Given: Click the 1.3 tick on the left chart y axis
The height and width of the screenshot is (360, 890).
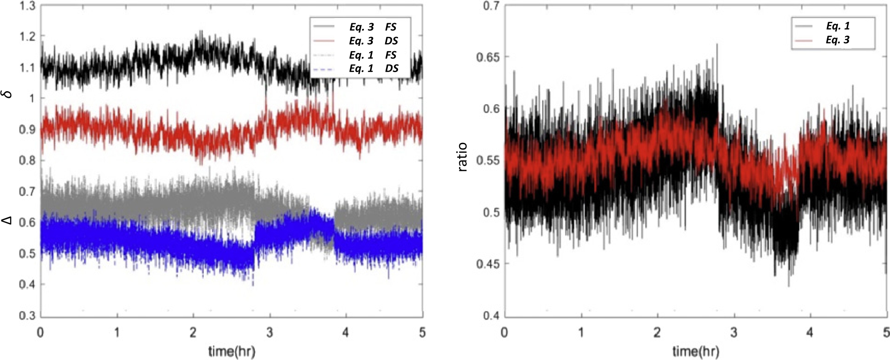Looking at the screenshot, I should [28, 7].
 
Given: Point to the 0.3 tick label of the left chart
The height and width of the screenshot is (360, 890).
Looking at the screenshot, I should [28, 315].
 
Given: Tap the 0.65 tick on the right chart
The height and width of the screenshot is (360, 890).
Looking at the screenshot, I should [488, 57].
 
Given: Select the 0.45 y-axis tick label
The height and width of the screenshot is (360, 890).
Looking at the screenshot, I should [488, 264].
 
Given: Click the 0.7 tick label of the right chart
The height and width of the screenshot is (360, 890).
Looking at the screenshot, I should [491, 6].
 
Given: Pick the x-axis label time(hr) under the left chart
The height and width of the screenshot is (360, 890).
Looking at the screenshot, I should [232, 352].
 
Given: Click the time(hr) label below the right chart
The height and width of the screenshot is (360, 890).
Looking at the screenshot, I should [696, 352].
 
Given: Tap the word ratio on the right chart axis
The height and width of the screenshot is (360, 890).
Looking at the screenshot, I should [463, 157].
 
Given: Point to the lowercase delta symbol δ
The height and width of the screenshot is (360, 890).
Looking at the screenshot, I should [8, 94].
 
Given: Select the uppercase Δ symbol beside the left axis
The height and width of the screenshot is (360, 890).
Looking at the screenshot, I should [7, 220].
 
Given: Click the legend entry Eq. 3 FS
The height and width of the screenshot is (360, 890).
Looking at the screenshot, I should [372, 27].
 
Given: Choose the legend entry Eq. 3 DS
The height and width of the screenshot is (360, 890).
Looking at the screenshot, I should [373, 41].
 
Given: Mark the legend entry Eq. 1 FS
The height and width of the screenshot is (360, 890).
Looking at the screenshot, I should [372, 55].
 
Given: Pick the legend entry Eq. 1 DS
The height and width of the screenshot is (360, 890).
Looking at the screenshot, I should [373, 69].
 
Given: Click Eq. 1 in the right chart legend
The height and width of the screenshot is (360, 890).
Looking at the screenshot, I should [838, 26].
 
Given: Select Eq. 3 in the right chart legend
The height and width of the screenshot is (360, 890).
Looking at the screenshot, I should [838, 40].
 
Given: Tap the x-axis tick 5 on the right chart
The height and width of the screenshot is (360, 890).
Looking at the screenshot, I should [886, 332].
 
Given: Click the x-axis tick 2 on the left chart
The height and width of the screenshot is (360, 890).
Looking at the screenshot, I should [193, 332].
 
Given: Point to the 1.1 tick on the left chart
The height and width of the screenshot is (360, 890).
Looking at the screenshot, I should [28, 68].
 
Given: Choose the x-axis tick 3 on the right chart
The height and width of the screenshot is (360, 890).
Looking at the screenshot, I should [734, 332].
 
